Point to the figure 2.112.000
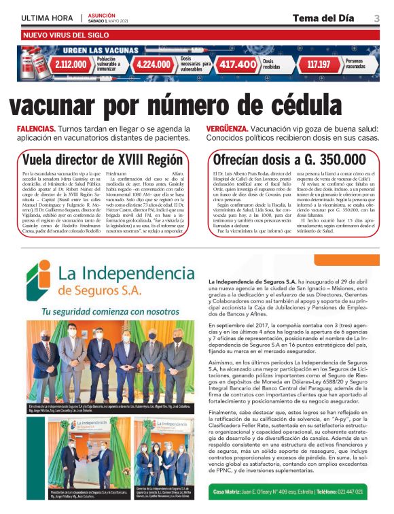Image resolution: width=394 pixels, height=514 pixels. point(71,65)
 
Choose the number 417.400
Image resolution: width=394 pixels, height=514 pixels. point(237,65)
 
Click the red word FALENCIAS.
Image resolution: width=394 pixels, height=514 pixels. point(37,128)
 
